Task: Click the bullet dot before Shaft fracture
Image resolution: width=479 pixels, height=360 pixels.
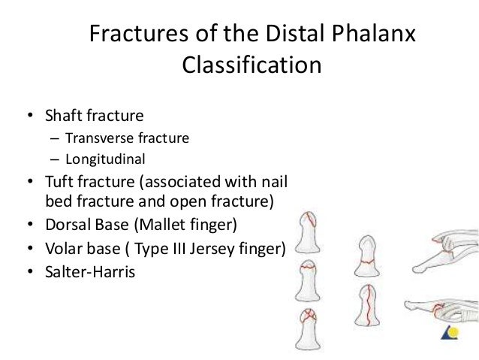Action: coord(29,116)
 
